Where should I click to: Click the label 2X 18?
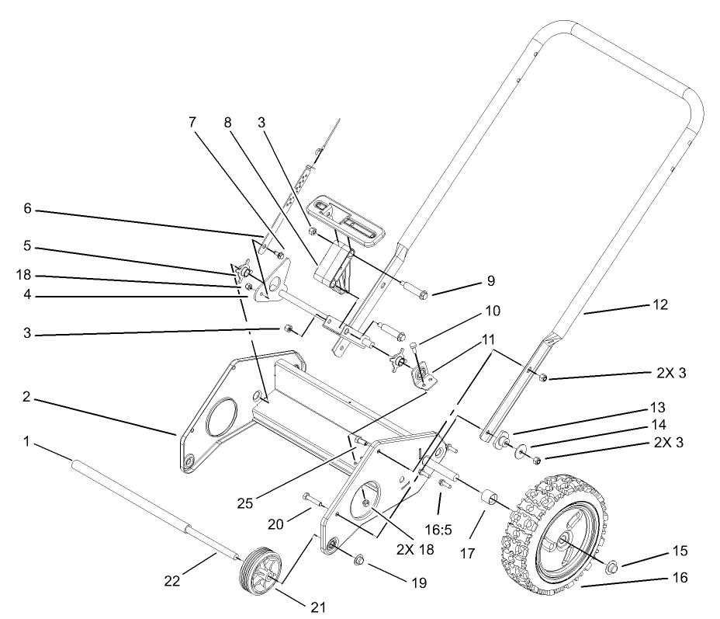(x=414, y=550)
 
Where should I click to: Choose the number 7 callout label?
(x=192, y=122)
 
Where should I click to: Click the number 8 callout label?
(x=227, y=122)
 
